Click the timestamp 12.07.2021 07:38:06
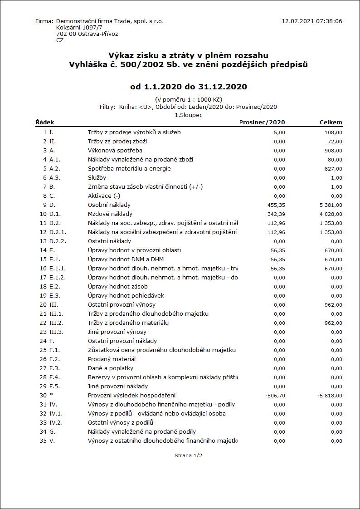coord(311,21)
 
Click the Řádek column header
coord(44,122)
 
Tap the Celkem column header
coord(331,122)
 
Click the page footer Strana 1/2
coord(188,455)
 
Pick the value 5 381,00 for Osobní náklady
coord(331,205)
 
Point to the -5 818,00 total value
coord(330,396)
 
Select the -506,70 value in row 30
coord(275,396)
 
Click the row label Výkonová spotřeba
coord(115,150)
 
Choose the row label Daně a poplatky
coord(110,368)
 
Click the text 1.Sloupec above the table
coord(189,115)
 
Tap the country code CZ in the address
coord(60,40)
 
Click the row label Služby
coord(97,177)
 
